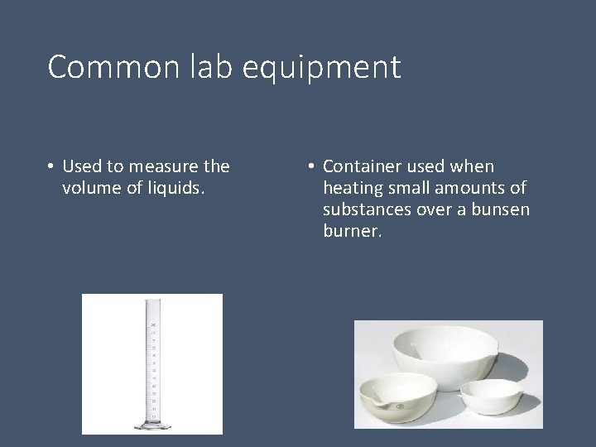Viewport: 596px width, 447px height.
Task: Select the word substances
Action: (x=364, y=209)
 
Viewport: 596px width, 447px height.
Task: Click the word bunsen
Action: (x=502, y=209)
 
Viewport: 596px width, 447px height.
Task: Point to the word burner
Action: (x=351, y=231)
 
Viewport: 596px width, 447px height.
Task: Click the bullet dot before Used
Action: (x=51, y=167)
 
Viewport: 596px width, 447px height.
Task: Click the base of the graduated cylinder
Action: (x=152, y=424)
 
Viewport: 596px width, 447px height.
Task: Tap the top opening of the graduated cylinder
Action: (x=152, y=303)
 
